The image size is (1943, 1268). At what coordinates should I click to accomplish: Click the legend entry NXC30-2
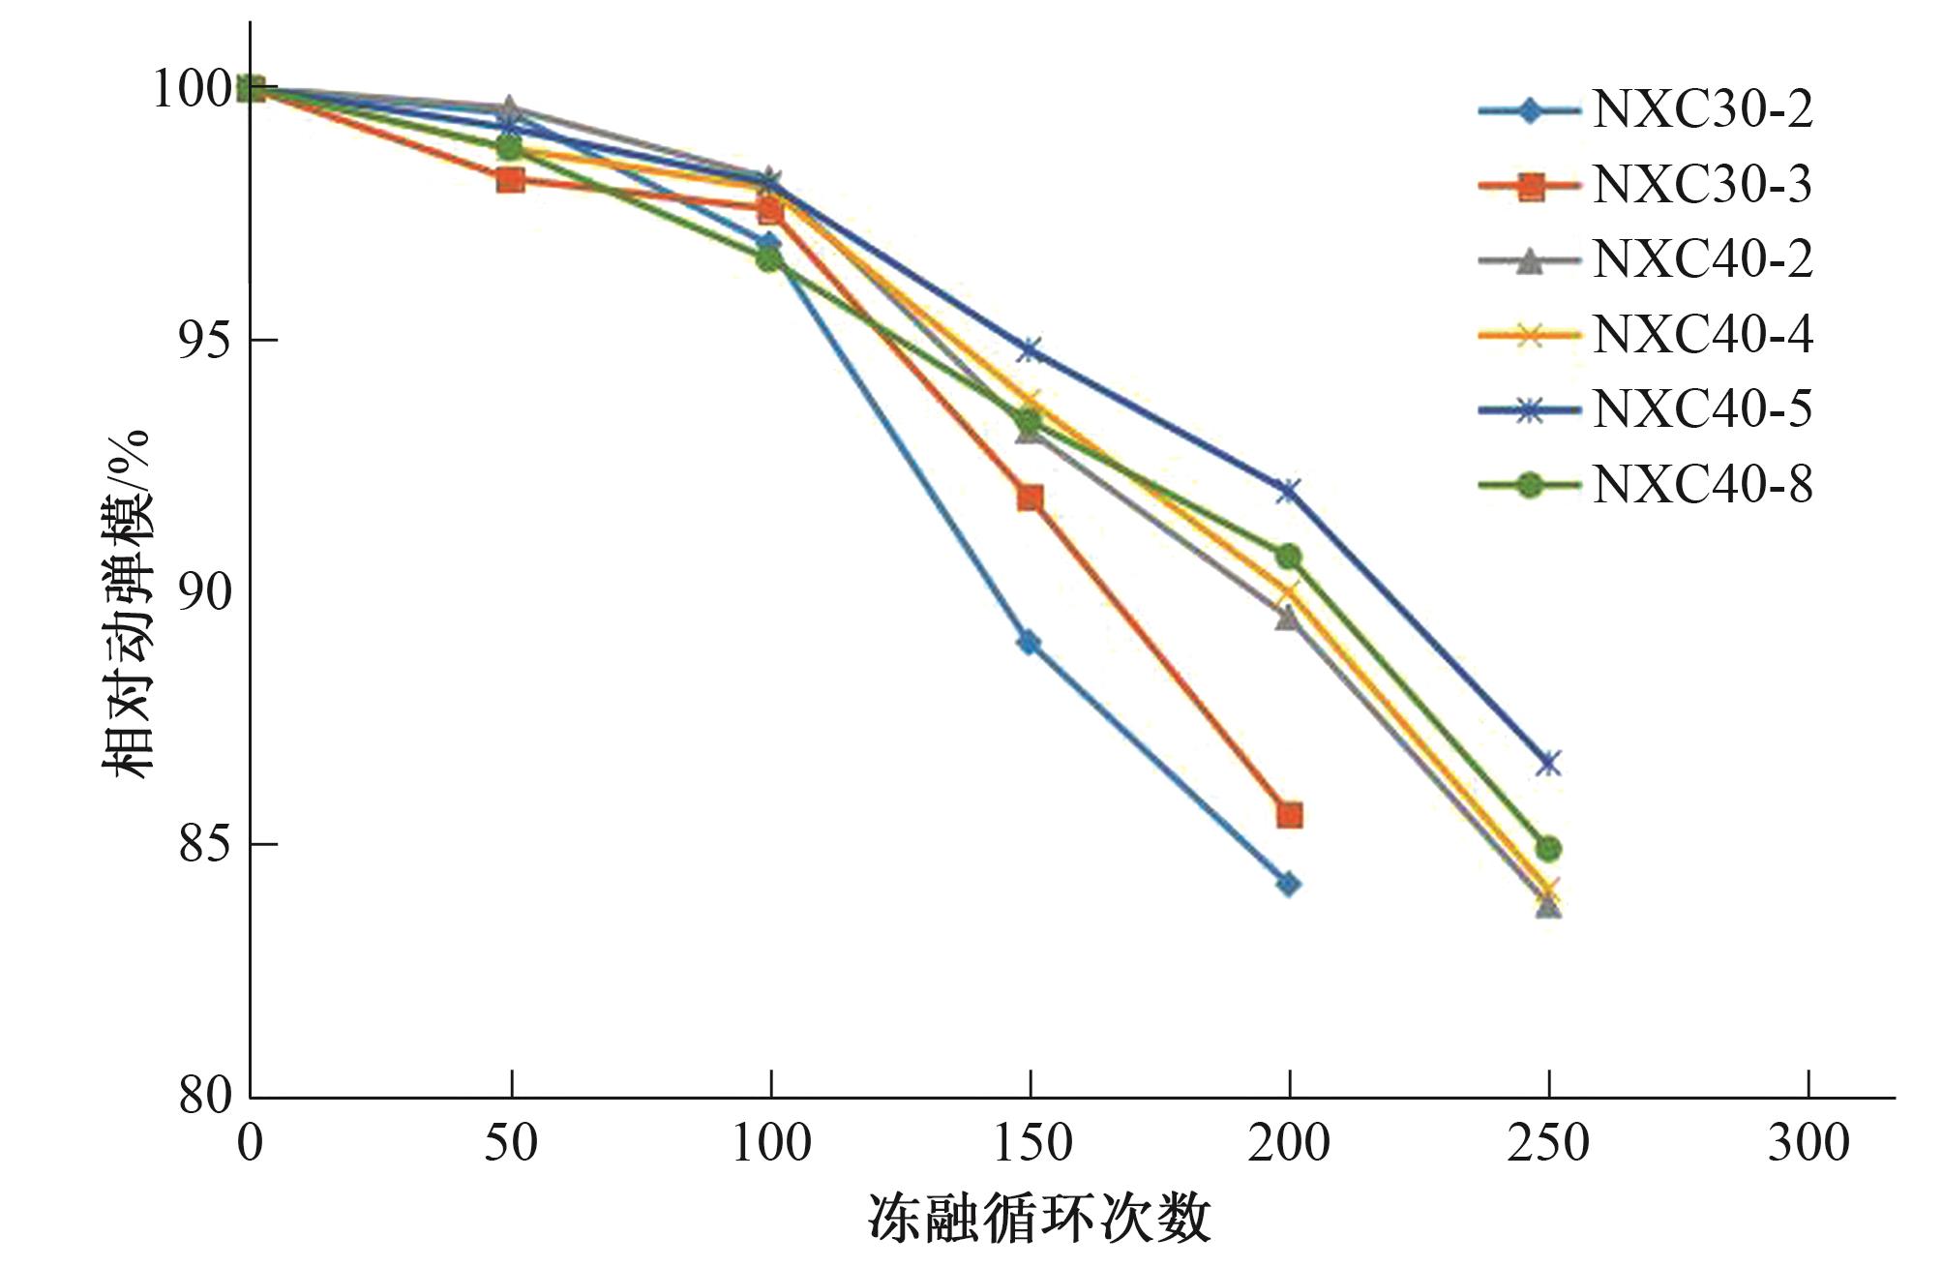1702,110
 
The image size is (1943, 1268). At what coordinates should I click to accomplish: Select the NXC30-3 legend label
1702,185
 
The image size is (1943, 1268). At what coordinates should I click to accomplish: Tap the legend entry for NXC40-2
1702,259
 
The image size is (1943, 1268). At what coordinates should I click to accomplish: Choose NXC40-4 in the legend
1702,335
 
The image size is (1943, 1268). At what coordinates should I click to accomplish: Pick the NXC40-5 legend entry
1702,409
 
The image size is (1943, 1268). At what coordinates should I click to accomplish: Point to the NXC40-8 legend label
1702,484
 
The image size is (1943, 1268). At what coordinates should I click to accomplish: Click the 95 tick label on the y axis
205,340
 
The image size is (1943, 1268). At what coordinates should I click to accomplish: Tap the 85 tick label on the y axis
205,844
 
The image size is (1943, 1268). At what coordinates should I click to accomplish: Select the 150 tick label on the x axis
1031,1143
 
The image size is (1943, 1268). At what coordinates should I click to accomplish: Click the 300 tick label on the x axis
1808,1143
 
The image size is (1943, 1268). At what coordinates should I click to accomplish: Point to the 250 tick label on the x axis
1548,1143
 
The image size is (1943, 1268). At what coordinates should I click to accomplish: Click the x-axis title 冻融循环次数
1039,1218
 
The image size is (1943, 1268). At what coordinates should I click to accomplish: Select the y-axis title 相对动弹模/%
128,604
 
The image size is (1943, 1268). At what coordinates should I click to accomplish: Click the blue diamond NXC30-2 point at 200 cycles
1289,884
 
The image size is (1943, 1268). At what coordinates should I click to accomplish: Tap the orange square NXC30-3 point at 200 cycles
1289,815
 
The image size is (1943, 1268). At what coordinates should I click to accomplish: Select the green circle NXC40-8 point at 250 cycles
1548,849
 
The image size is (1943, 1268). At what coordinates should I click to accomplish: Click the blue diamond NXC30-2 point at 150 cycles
1030,643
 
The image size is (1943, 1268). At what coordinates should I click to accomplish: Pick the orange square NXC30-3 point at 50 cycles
510,179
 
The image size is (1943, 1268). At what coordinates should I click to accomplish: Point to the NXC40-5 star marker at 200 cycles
1288,491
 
